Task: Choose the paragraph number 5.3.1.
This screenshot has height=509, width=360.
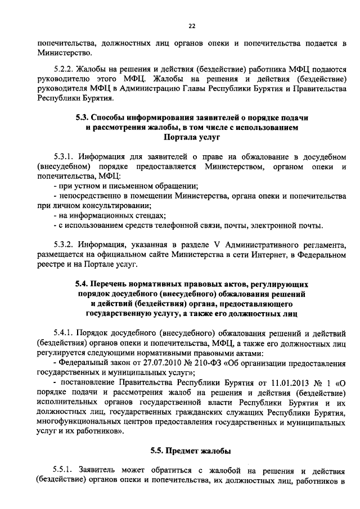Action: click(x=61, y=156)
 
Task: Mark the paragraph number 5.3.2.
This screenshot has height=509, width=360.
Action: click(x=61, y=245)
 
